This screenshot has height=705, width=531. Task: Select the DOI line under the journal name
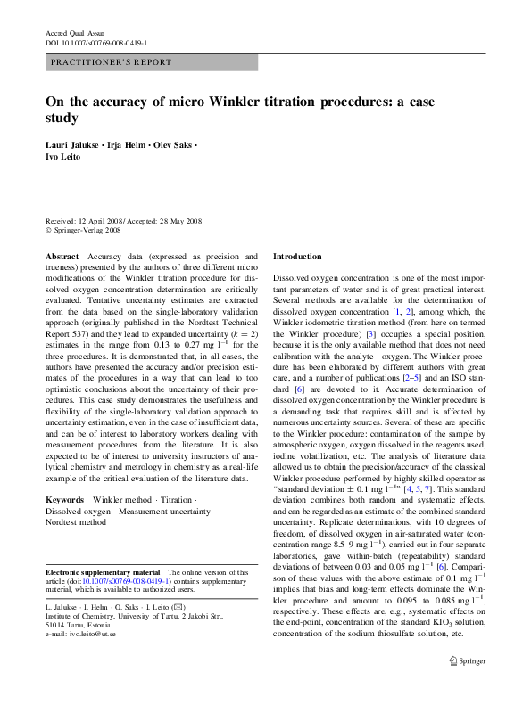95,42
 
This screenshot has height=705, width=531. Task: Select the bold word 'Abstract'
62,256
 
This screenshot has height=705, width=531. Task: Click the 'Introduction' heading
295,256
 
